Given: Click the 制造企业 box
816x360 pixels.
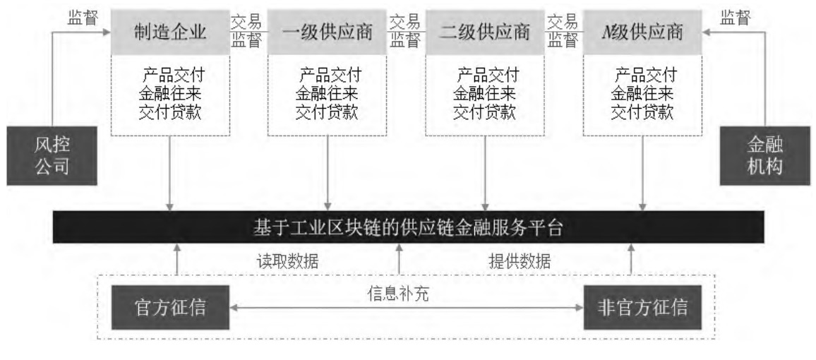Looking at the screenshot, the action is click(x=170, y=32).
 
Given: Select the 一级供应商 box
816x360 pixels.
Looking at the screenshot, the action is click(x=328, y=32).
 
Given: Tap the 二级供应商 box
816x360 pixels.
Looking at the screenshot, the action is click(x=485, y=32).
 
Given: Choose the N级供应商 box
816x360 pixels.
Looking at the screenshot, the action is click(x=642, y=32).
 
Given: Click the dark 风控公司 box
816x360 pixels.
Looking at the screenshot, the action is click(x=52, y=155).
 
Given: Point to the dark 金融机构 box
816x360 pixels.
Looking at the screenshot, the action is click(x=765, y=155).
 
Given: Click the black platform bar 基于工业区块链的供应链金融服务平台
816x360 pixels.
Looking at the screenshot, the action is click(x=409, y=227).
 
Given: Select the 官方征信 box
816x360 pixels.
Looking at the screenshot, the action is click(x=170, y=308).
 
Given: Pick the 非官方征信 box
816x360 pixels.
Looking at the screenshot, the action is click(x=642, y=308).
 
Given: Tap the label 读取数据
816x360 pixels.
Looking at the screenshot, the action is click(x=288, y=261).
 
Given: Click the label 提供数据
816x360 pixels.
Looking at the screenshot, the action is click(x=520, y=261).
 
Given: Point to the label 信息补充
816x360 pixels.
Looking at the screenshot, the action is click(x=398, y=294).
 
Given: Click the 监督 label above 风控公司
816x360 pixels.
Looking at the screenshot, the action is click(x=83, y=18).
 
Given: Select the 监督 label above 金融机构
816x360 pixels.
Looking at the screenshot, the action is click(x=736, y=18).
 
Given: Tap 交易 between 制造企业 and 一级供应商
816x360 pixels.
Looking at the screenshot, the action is click(x=246, y=22).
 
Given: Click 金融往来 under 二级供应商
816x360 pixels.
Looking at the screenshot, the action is click(x=485, y=94).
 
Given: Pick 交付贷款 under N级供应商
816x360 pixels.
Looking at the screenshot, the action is click(x=642, y=112).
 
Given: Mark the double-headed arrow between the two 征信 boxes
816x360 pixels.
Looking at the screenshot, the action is click(x=407, y=308).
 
